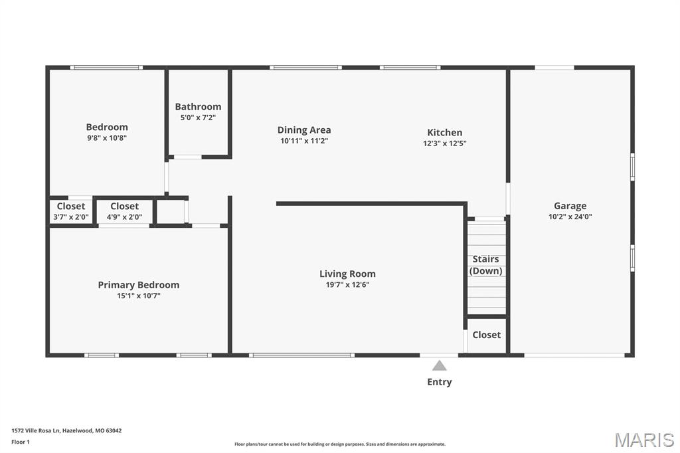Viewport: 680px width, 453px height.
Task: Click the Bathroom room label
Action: [198, 107]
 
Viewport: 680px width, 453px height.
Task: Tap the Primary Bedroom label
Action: [138, 285]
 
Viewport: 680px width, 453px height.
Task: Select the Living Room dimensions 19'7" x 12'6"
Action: [347, 285]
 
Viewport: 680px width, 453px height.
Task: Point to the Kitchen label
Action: [444, 132]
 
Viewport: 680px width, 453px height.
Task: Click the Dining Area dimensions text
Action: [304, 141]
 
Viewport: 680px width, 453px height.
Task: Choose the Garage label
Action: [570, 206]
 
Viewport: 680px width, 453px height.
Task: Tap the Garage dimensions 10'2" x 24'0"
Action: [570, 217]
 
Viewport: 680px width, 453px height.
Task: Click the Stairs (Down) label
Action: [485, 264]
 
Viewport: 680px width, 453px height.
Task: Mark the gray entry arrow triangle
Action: [440, 366]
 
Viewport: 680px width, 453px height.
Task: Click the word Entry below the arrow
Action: [440, 382]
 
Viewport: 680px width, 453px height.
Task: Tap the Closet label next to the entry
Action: [487, 335]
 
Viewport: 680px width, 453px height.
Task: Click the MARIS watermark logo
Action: [644, 440]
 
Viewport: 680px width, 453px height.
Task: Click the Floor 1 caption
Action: [21, 442]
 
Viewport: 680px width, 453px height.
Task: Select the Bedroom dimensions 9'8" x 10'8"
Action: [107, 138]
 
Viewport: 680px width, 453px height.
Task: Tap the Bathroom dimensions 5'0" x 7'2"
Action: [198, 118]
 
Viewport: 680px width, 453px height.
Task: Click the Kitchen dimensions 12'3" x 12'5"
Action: [444, 143]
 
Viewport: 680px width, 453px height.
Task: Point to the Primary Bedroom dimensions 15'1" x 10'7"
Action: [138, 296]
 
